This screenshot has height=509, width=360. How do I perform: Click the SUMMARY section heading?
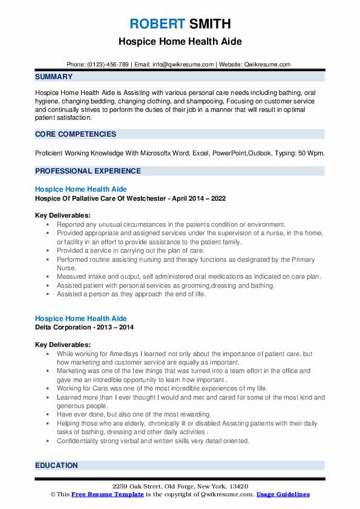[54, 77]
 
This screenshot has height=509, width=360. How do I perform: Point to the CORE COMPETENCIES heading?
[76, 134]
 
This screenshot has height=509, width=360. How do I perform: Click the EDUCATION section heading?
[57, 465]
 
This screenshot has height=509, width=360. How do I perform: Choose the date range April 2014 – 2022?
[200, 198]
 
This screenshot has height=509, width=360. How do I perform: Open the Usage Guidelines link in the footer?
[283, 494]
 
